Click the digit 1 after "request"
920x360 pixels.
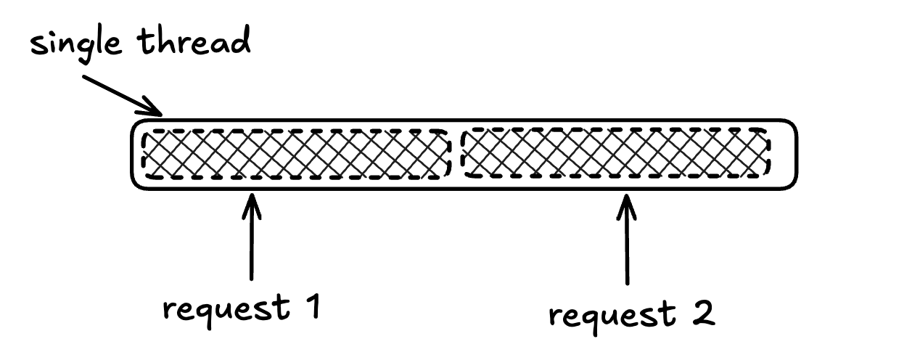click(x=310, y=307)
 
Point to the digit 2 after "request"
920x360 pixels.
click(x=702, y=314)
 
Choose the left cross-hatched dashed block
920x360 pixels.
click(x=296, y=154)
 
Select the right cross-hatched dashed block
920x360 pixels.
click(x=615, y=153)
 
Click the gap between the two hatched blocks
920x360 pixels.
click(x=455, y=154)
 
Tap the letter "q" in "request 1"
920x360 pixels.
click(x=204, y=314)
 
